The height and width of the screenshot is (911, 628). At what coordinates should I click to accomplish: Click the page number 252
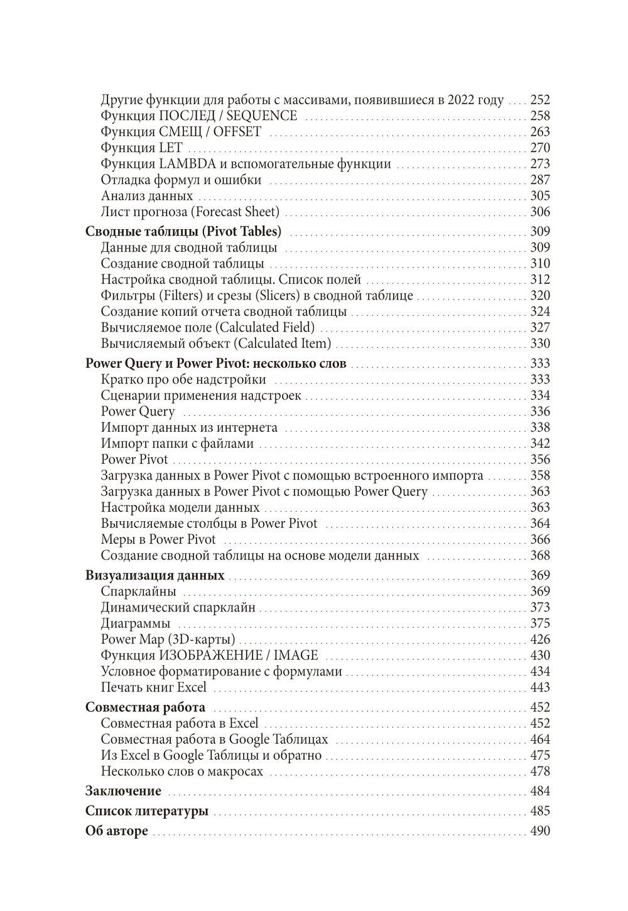[x=540, y=100]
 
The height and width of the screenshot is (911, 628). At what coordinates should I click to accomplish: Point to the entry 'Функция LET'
[x=141, y=148]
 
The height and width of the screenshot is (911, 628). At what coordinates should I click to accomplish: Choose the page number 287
[x=540, y=180]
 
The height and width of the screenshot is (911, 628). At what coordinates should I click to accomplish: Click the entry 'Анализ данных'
[x=147, y=196]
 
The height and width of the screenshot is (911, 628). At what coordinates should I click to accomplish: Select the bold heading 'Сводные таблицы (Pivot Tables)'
[x=183, y=231]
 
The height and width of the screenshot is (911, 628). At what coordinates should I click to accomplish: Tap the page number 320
[x=540, y=296]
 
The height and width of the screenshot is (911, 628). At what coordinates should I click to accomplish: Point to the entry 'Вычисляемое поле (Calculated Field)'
[x=208, y=328]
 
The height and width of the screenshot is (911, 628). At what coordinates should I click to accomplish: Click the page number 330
[x=540, y=343]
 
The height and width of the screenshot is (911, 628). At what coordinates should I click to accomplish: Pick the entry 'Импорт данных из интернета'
[x=189, y=428]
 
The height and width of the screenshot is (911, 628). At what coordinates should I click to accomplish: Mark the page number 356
[x=540, y=460]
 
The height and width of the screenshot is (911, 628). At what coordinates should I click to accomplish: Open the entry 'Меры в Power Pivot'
[x=158, y=539]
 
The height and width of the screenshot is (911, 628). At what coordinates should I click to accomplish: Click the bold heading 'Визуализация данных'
[x=154, y=575]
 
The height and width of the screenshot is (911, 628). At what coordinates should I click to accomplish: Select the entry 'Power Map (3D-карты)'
[x=168, y=639]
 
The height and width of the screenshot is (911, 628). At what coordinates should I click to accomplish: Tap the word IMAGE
[x=296, y=655]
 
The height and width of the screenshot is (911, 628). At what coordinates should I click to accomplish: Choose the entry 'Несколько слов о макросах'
[x=181, y=772]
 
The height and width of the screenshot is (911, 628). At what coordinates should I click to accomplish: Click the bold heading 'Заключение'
[x=123, y=791]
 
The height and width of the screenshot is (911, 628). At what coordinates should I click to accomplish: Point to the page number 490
[x=540, y=831]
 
